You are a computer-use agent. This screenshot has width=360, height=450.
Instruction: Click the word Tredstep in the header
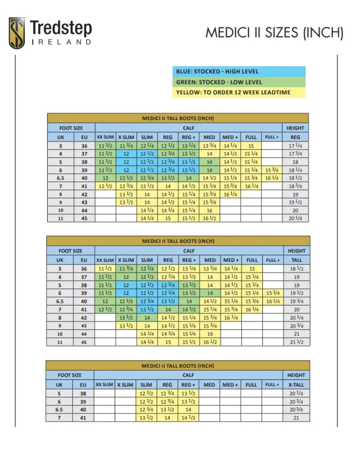point(61,28)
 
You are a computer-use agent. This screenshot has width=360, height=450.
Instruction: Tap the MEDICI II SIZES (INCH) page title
point(274,32)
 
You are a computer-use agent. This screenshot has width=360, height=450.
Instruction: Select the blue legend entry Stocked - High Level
point(238,72)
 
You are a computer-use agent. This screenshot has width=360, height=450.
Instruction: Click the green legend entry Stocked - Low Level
point(238,82)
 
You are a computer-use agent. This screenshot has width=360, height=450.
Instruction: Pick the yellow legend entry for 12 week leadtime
point(238,92)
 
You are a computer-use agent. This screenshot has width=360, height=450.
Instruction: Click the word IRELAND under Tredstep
point(61,42)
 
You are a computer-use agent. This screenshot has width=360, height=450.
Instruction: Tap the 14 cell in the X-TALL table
point(189,409)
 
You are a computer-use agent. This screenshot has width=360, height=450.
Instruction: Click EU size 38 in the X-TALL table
point(84,393)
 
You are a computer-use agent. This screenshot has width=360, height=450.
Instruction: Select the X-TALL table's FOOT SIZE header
point(70,375)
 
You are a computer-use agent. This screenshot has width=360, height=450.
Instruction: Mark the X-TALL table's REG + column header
point(189,385)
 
